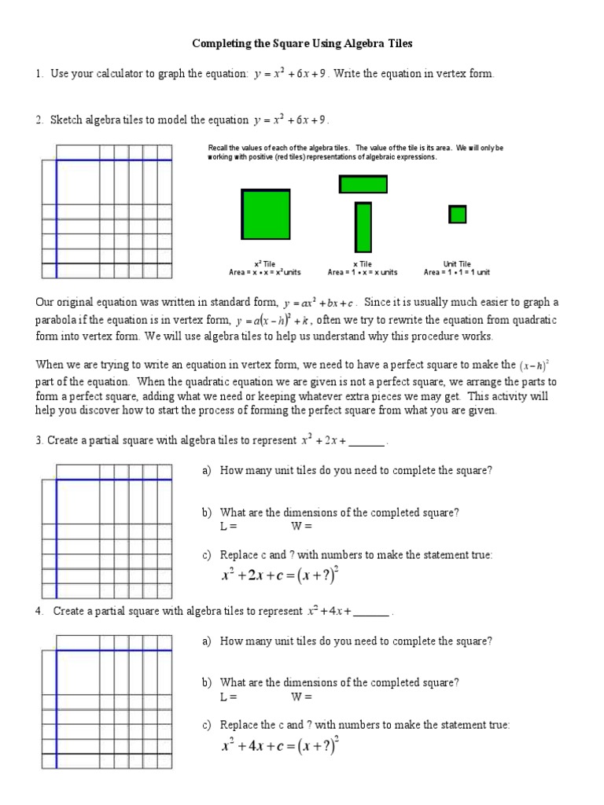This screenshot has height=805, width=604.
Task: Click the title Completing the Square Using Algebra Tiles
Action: click(x=302, y=44)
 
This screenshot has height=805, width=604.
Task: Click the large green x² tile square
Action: click(x=266, y=213)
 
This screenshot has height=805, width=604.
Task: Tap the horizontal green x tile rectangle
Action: click(x=363, y=184)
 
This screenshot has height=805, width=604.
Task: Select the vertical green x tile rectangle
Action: click(x=363, y=227)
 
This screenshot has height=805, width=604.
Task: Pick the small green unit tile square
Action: click(x=457, y=214)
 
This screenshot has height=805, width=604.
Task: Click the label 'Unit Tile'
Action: click(x=457, y=264)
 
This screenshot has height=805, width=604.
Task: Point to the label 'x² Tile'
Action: click(x=265, y=264)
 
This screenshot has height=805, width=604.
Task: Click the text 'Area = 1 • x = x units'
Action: click(x=363, y=273)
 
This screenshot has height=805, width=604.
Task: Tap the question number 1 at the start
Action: click(x=38, y=74)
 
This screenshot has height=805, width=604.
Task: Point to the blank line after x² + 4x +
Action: click(x=371, y=612)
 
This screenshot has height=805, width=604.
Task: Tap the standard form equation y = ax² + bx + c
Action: click(x=320, y=303)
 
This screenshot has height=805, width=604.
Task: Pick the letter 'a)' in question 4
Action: click(x=208, y=641)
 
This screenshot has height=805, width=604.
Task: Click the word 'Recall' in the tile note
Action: click(x=218, y=148)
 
